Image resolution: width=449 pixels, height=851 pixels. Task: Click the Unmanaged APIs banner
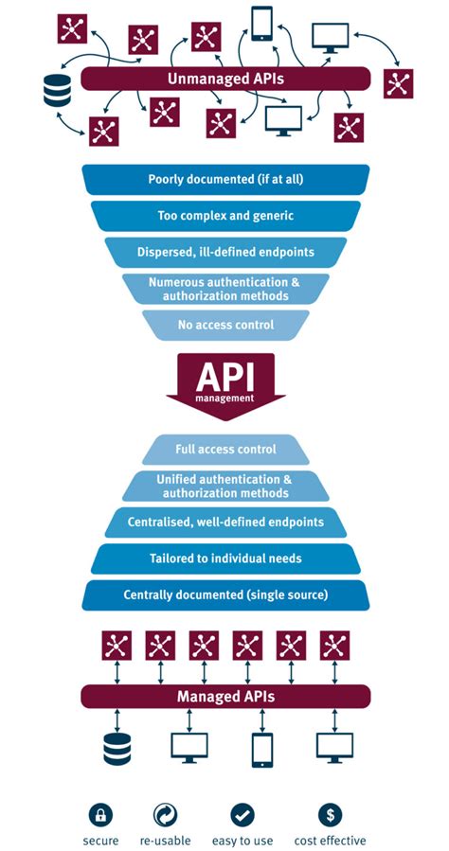224,79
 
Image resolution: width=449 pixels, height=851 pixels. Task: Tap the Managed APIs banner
224,697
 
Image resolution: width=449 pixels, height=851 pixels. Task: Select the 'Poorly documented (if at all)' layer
224,180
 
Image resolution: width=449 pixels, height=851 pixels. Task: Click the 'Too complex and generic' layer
224,216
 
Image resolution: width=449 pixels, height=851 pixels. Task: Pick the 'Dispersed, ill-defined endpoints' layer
224,252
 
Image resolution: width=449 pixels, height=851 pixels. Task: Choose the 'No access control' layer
224,324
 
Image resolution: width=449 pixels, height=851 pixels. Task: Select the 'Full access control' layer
225,449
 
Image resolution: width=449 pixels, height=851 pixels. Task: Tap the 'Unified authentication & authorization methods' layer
224,486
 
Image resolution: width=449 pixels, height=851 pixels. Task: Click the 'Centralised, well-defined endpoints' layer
224,522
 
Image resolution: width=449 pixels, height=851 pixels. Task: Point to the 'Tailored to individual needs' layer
224,558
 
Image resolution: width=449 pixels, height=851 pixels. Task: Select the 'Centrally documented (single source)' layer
224,595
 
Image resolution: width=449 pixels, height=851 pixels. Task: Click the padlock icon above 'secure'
101,813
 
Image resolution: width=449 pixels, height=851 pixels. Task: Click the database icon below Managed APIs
116,748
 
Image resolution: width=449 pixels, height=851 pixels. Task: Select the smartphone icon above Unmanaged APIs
262,25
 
